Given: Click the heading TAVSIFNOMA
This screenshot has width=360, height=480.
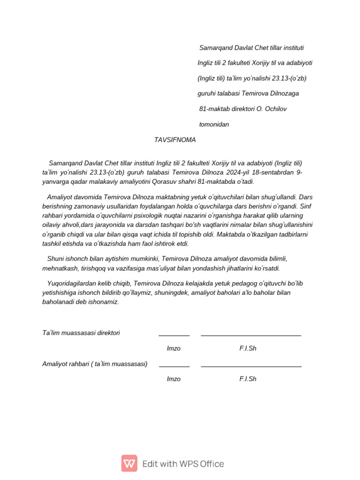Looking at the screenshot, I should click(175, 140).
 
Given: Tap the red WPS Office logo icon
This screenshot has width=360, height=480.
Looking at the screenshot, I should click(129, 463).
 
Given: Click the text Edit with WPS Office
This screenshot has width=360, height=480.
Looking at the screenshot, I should click(183, 464).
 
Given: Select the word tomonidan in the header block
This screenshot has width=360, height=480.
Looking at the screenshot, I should click(214, 124).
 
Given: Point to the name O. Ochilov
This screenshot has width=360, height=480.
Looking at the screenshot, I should click(271, 109).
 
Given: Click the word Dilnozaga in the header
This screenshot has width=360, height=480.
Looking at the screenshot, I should click(284, 93).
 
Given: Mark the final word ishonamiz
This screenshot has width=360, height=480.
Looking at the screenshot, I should click(103, 302).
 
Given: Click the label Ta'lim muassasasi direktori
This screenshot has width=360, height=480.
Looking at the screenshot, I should click(81, 333).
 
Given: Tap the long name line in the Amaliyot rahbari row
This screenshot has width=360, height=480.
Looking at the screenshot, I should click(251, 367).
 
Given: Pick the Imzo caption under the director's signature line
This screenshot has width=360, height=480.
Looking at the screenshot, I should click(173, 348).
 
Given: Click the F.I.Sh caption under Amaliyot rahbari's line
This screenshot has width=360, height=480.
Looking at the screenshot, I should click(247, 379).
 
